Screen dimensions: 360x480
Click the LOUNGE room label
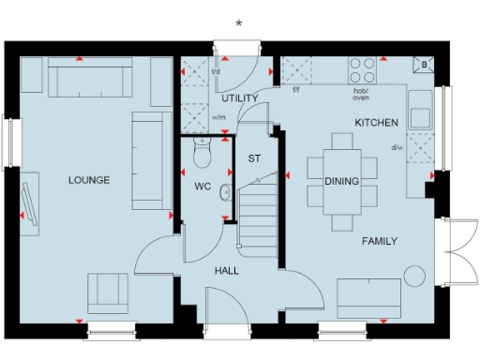[89, 180]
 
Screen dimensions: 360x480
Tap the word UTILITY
[240, 98]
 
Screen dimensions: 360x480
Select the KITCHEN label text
[377, 123]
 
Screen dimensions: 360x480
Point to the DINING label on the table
[342, 181]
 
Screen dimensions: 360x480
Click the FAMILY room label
[379, 241]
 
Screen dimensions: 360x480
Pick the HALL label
[226, 270]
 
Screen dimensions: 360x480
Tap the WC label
[202, 187]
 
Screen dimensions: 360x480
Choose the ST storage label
[254, 158]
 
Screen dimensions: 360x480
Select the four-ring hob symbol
[363, 69]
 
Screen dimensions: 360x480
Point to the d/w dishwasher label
[398, 146]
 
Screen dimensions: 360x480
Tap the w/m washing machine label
[219, 117]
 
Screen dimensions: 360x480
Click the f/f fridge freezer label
[296, 90]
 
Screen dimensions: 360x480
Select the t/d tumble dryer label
[216, 71]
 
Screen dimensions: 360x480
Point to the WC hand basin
[226, 192]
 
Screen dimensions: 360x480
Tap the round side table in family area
[412, 275]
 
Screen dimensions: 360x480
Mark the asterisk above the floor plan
[239, 22]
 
